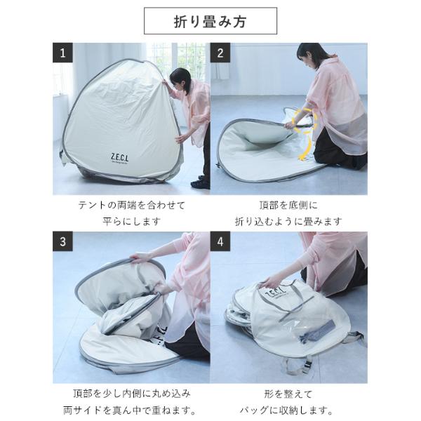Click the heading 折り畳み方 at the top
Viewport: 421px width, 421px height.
pos(210,22)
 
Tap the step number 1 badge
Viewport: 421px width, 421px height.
pos(62,53)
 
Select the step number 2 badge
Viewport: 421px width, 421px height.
pos(220,53)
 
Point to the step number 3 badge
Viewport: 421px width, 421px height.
pos(62,241)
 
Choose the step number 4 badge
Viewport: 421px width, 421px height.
pos(220,241)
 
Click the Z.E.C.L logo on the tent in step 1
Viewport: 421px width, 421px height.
pos(119,158)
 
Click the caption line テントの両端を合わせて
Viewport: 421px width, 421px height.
pos(132,206)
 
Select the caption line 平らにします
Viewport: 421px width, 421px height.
pos(132,222)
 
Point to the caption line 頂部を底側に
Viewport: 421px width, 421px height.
pos(288,206)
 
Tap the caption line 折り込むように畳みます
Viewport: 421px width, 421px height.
pos(288,222)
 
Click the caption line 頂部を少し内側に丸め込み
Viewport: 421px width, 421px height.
pos(132,394)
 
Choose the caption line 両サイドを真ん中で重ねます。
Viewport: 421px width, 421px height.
pos(130,410)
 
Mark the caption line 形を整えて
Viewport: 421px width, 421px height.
pos(288,394)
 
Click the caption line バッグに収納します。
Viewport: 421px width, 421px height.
pos(286,410)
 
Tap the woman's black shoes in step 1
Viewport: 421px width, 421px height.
pos(200,182)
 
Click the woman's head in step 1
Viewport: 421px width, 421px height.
pos(180,79)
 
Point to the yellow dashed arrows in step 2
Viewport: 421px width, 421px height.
pos(307,134)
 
